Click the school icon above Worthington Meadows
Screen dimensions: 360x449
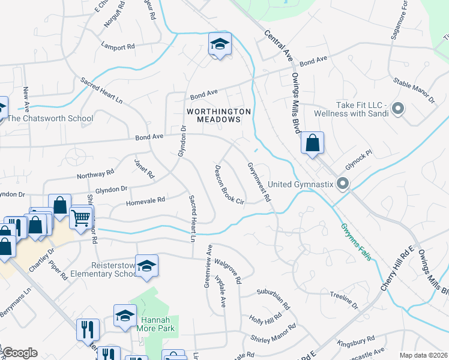pos(220,44)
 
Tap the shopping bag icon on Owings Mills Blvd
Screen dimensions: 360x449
pos(312,143)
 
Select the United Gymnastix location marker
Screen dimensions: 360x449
pos(343,183)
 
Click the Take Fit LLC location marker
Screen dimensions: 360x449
pos(397,109)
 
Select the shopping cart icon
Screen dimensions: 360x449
pos(81,216)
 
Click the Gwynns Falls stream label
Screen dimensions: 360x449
pos(356,242)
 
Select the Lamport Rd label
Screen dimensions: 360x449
pos(118,46)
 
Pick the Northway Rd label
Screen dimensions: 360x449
pos(95,174)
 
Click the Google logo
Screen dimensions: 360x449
pos(19,353)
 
